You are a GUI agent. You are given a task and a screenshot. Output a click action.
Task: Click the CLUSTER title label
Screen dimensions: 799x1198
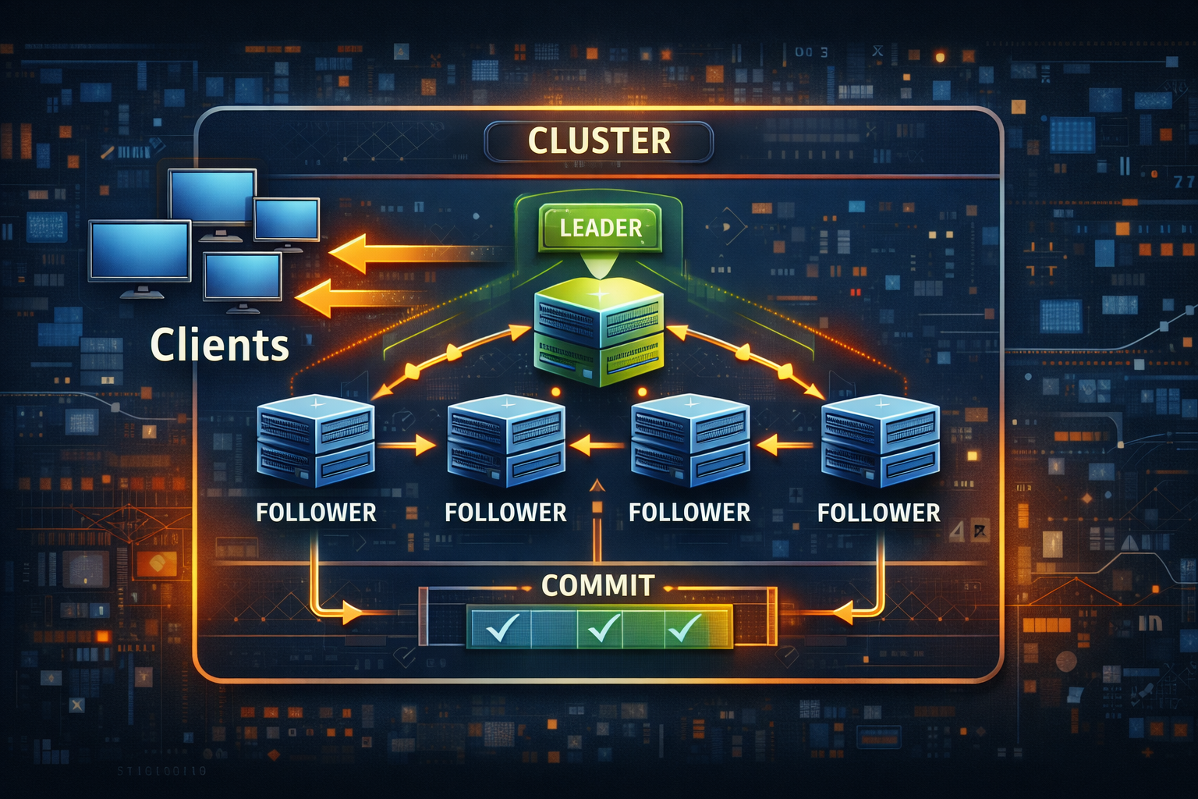click(x=598, y=141)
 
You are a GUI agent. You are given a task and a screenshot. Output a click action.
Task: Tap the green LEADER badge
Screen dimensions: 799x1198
click(x=600, y=227)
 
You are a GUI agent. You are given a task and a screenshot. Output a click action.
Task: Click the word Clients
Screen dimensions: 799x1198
click(x=219, y=345)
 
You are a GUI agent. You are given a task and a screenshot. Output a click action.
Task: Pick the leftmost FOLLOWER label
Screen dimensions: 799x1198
click(x=316, y=513)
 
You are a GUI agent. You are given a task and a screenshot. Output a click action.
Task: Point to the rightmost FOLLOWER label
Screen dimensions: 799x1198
click(x=878, y=513)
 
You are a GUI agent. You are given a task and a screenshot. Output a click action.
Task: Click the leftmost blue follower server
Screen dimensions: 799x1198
click(x=316, y=441)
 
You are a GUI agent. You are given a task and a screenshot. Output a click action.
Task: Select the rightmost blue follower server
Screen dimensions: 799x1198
click(x=880, y=441)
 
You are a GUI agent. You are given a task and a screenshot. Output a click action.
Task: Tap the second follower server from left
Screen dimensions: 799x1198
click(x=506, y=441)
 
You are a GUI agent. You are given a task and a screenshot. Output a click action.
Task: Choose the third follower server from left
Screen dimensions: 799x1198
click(x=690, y=441)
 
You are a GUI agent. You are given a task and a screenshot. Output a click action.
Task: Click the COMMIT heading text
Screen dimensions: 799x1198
click(x=597, y=585)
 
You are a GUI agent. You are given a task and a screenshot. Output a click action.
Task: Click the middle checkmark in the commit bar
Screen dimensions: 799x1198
click(x=604, y=627)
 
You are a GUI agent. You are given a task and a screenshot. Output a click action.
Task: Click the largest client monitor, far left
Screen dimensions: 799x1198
click(x=140, y=251)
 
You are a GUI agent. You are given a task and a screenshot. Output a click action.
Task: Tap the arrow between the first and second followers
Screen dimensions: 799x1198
click(x=409, y=446)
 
